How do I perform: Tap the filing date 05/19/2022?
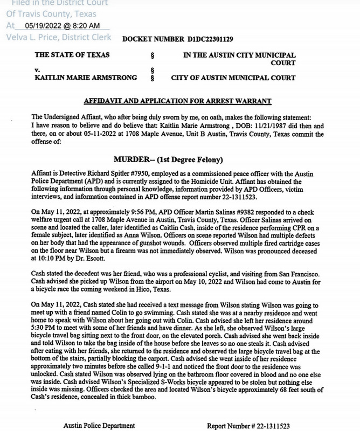(48, 25)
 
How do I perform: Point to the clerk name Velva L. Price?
(34, 37)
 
